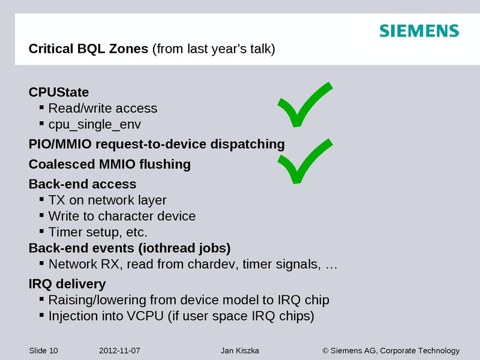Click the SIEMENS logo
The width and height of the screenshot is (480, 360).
[x=419, y=31]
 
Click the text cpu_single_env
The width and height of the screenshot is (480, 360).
[x=95, y=124]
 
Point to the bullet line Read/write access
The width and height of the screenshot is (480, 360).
[x=102, y=109]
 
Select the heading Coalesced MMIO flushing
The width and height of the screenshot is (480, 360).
[x=109, y=164]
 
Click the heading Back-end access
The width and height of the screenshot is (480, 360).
[x=82, y=184]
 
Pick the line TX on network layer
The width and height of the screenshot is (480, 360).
[x=107, y=200]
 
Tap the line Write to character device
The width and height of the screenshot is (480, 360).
[x=122, y=216]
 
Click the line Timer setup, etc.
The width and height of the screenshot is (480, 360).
[x=97, y=232]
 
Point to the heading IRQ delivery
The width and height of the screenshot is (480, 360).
[x=67, y=284]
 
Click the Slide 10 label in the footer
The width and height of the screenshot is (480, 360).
[x=43, y=350]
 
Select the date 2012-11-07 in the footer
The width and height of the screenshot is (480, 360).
[x=119, y=350]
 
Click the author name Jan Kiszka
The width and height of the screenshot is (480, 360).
[x=236, y=350]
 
